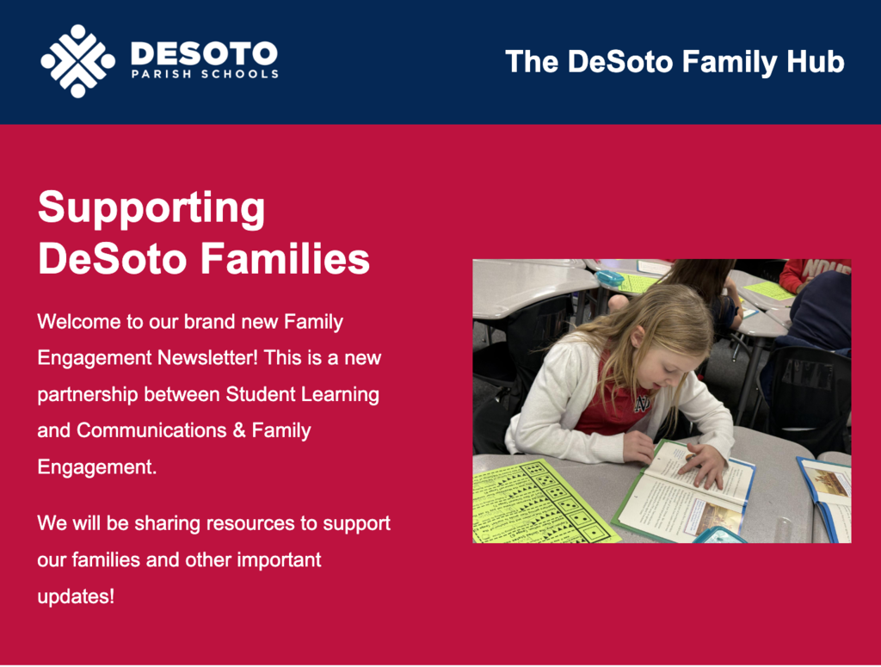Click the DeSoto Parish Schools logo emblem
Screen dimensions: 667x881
coord(77,61)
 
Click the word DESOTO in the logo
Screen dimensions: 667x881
coord(204,54)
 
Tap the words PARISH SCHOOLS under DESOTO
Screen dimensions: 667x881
coord(204,74)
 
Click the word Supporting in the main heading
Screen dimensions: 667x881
coord(151,208)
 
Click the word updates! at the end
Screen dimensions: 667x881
coord(76,596)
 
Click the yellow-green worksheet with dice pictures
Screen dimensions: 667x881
coord(538,502)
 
